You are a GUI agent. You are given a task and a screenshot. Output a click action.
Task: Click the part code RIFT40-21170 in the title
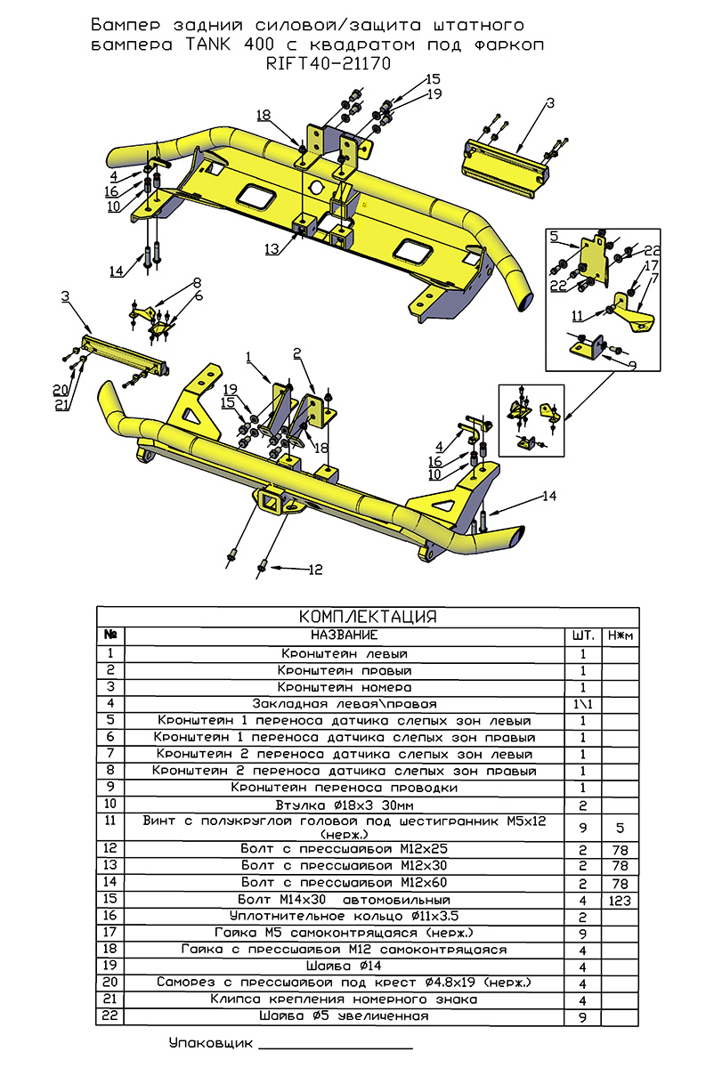(x=329, y=63)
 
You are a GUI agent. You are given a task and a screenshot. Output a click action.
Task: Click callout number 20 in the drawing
(x=61, y=389)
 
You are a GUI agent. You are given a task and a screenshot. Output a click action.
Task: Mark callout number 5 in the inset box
(x=553, y=236)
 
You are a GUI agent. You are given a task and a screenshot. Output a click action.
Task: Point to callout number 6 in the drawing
(x=199, y=295)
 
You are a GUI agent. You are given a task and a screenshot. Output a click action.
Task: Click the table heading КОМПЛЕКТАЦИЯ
(x=367, y=617)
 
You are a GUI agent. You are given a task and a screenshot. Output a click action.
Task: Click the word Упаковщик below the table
(x=210, y=1042)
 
